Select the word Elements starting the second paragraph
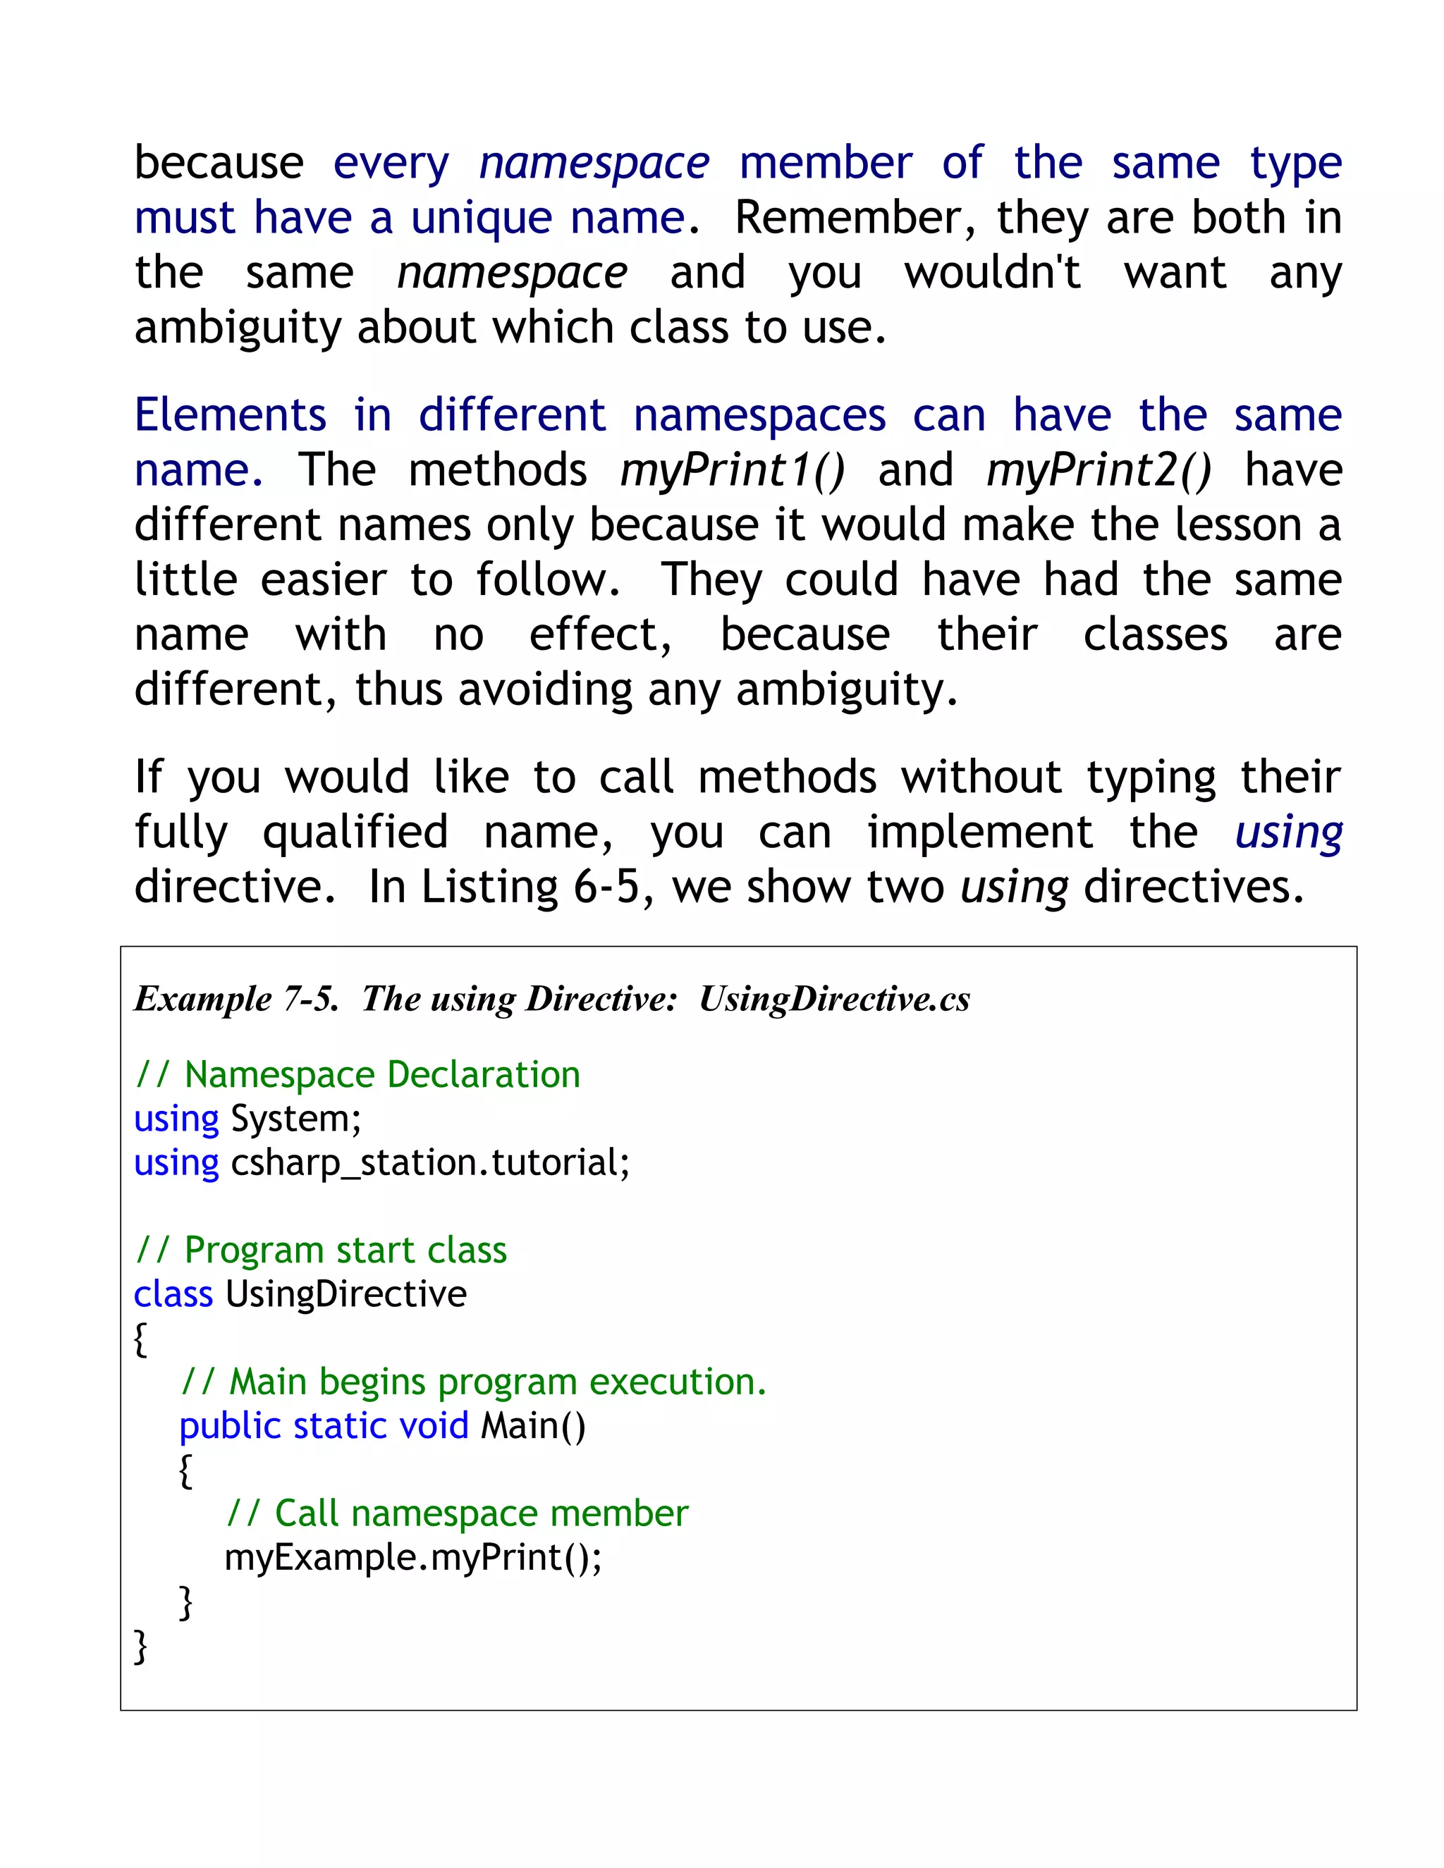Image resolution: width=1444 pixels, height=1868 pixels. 230,416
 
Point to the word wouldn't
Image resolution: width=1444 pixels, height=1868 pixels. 992,273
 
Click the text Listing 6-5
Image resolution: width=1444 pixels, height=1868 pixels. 530,887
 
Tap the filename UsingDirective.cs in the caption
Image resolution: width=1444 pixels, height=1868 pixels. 834,999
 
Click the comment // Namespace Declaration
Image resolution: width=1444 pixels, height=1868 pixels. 357,1075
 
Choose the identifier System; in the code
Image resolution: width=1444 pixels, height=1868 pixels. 296,1119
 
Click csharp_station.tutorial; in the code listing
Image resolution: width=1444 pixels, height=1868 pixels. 430,1163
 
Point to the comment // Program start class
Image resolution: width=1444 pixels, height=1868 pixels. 321,1251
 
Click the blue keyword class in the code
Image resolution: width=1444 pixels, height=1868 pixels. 173,1294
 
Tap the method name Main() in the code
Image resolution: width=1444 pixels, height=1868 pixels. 533,1426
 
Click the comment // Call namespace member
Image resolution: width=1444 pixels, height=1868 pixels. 457,1514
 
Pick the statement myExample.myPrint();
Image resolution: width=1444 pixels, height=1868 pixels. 413,1558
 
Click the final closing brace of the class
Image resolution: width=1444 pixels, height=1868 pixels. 141,1646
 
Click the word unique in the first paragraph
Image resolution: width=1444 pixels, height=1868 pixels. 482,218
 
